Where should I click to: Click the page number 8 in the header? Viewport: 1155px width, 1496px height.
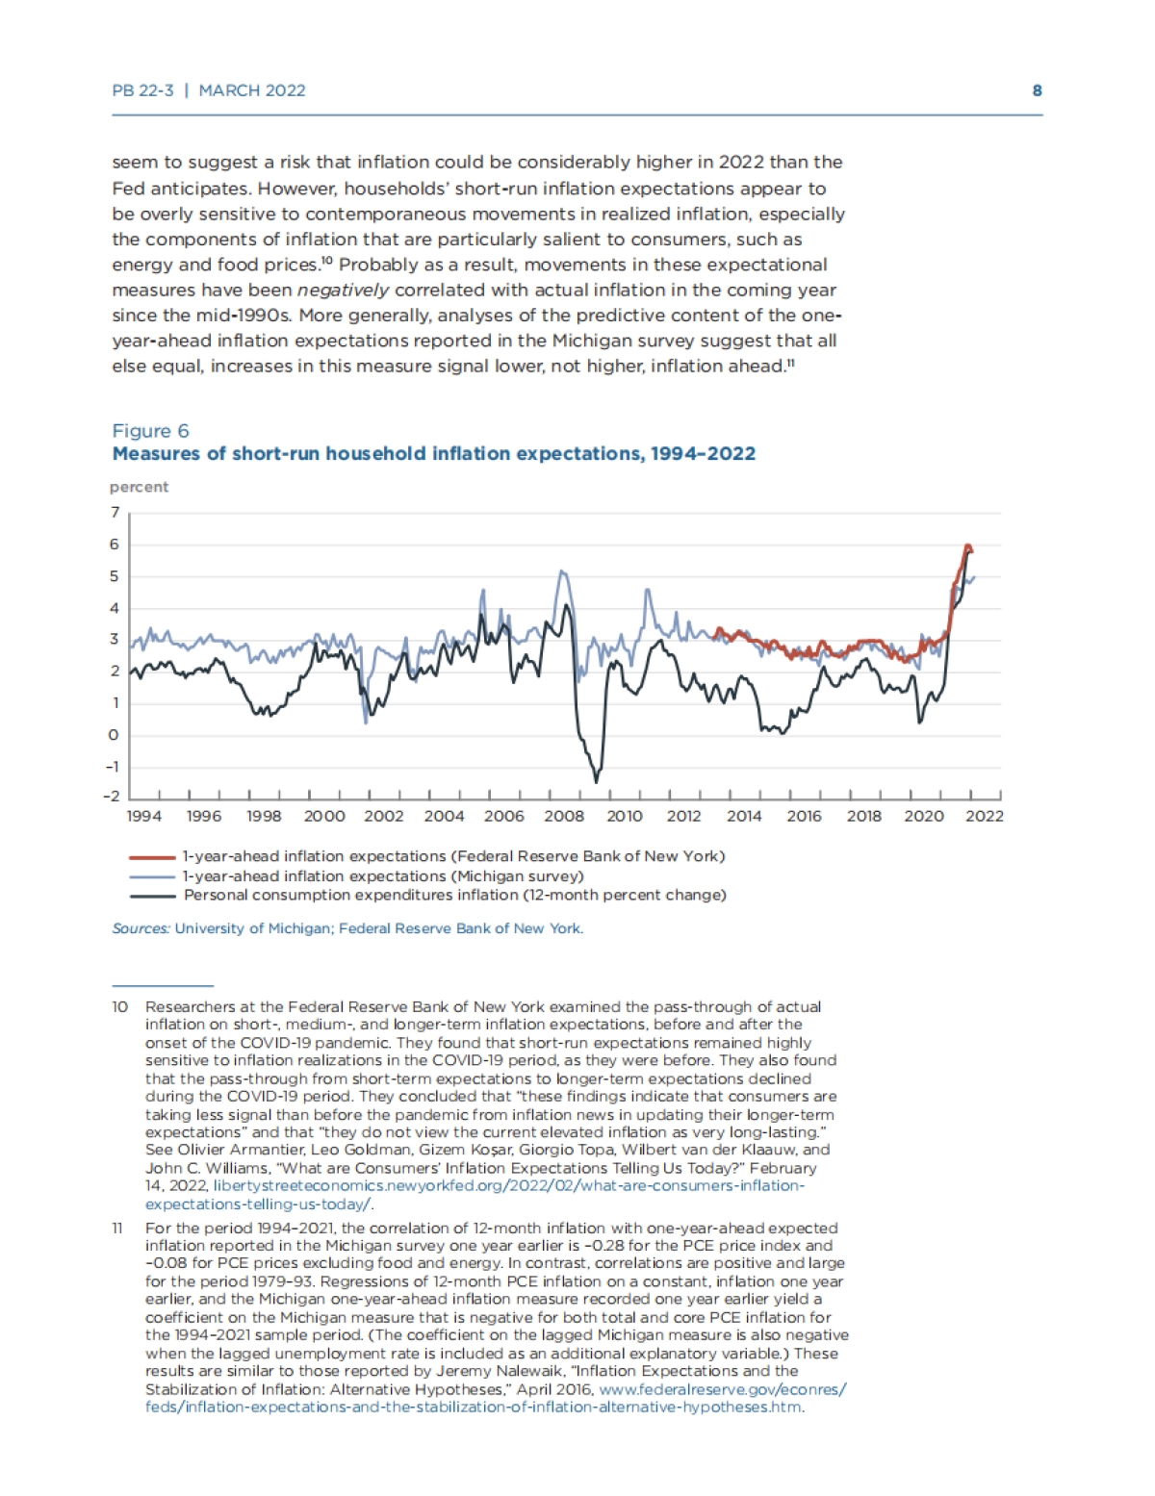[x=1037, y=90]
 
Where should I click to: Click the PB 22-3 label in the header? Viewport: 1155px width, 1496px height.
[x=142, y=90]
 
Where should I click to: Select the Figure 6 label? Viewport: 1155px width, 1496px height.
[x=150, y=431]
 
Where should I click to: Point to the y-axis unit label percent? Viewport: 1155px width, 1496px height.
[x=139, y=487]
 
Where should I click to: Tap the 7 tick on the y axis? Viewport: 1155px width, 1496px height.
[x=115, y=512]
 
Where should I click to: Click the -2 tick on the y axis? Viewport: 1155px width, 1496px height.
[x=112, y=796]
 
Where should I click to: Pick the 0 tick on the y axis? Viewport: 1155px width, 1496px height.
[x=115, y=735]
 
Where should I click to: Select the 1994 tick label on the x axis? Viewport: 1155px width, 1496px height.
[x=144, y=816]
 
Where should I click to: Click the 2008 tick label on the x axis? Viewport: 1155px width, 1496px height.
[x=564, y=816]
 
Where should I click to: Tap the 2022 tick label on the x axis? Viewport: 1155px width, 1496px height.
[x=985, y=816]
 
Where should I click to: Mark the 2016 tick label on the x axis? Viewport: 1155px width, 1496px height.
[x=804, y=816]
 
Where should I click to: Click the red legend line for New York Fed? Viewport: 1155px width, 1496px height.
[x=152, y=856]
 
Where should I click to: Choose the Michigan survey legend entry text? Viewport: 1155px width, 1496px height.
[x=383, y=875]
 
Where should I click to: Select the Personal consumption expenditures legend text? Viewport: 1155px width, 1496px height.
[x=454, y=895]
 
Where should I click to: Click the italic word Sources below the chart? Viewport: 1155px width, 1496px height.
[x=141, y=928]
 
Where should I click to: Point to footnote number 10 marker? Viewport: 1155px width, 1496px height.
[x=119, y=1006]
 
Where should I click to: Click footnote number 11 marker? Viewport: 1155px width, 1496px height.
[x=118, y=1228]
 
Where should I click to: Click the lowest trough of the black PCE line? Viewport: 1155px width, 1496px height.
[x=597, y=780]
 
